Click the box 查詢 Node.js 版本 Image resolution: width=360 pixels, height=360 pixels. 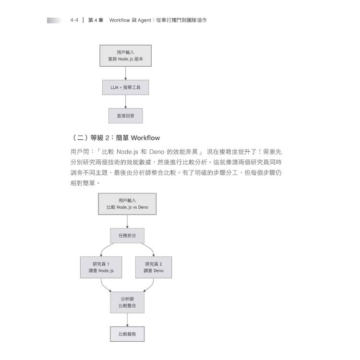pyautogui.click(x=125, y=56)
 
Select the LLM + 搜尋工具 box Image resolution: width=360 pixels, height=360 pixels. pyautogui.click(x=125, y=87)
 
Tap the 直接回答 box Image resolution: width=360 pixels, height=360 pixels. pyautogui.click(x=125, y=116)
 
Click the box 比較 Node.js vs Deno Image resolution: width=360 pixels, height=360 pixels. pyautogui.click(x=127, y=204)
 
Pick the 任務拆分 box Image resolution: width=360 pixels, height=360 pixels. pyautogui.click(x=127, y=236)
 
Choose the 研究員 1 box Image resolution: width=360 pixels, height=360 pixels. pyautogui.click(x=101, y=267)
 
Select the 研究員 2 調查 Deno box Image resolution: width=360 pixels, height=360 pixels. pyautogui.click(x=154, y=267)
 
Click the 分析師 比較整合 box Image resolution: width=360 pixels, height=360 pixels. pyautogui.click(x=127, y=302)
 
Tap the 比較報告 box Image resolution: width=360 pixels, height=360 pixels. pyautogui.click(x=127, y=334)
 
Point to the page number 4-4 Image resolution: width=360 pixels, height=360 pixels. pyautogui.click(x=74, y=20)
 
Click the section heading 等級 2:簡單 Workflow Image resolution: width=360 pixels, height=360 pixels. pyautogui.click(x=125, y=138)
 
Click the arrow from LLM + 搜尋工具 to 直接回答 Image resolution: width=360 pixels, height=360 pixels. pyautogui.click(x=126, y=102)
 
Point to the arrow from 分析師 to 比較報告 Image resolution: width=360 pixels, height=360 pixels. pyautogui.click(x=127, y=320)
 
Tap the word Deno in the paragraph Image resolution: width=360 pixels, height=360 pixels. pyautogui.click(x=156, y=152)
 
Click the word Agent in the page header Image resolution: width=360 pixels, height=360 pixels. pyautogui.click(x=144, y=20)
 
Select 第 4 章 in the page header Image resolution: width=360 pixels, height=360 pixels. pyautogui.click(x=96, y=20)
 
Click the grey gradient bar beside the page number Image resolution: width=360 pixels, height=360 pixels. pyautogui.click(x=54, y=21)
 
